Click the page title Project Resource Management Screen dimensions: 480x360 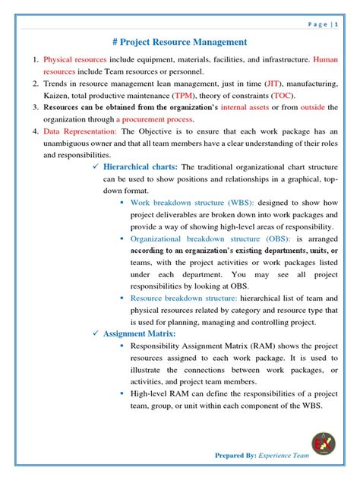(179, 43)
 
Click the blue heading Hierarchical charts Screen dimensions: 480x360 (141, 166)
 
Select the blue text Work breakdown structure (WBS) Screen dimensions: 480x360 (192, 204)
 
